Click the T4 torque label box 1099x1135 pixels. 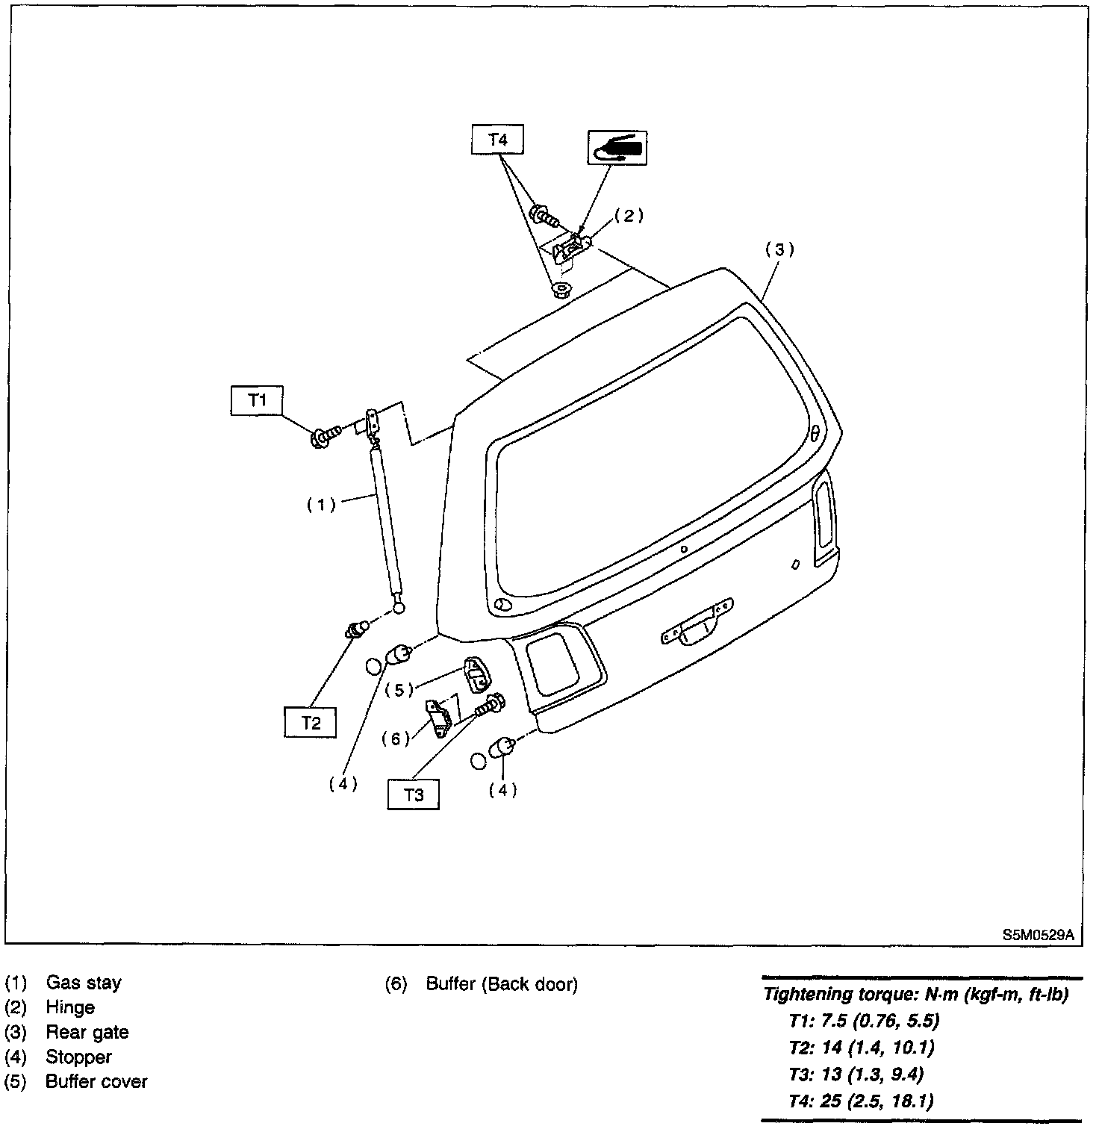[x=497, y=140]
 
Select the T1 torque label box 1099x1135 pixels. [x=257, y=400]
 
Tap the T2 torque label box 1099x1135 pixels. [x=311, y=722]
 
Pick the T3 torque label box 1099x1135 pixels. [x=413, y=794]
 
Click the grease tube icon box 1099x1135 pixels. [x=617, y=148]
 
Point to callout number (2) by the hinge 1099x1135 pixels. [x=629, y=216]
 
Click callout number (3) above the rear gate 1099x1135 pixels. [x=779, y=249]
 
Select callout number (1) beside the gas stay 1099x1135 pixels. [x=322, y=505]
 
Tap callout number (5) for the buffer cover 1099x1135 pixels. [x=399, y=689]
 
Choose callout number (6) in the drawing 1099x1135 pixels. [x=396, y=738]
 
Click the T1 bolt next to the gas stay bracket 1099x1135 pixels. [x=326, y=435]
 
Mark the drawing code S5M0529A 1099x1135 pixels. [x=1038, y=934]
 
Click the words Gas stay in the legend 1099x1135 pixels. [x=84, y=983]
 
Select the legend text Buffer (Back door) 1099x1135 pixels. [x=502, y=984]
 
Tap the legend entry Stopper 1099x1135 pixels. [x=78, y=1057]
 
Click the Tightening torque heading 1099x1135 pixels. [x=915, y=995]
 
